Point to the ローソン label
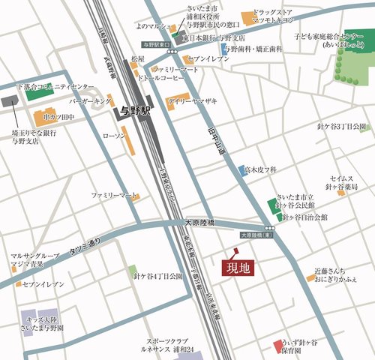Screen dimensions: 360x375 (x=112, y=135)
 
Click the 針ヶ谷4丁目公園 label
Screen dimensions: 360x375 (x=158, y=276)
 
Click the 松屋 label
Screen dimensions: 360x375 (x=137, y=58)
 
